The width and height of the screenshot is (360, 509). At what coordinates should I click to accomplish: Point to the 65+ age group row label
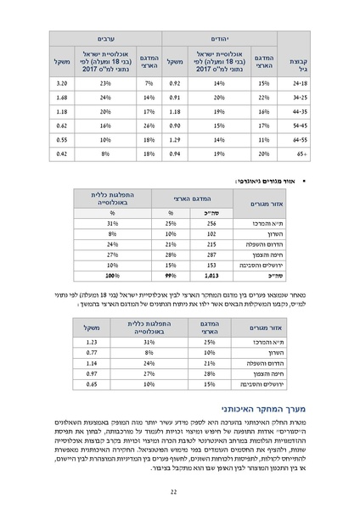click(x=299, y=155)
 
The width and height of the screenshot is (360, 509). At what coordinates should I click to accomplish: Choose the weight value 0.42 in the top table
click(x=62, y=155)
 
